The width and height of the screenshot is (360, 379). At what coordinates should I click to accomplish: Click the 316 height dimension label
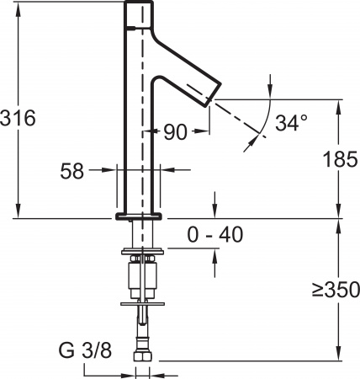pyautogui.click(x=19, y=118)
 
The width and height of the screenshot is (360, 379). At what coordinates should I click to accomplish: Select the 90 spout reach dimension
pyautogui.click(x=175, y=132)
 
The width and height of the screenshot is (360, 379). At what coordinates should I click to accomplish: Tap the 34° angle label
pyautogui.click(x=292, y=123)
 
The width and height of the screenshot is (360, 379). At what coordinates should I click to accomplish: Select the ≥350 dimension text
pyautogui.click(x=336, y=291)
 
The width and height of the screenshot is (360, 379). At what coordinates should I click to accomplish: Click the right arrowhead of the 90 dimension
pyautogui.click(x=205, y=132)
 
